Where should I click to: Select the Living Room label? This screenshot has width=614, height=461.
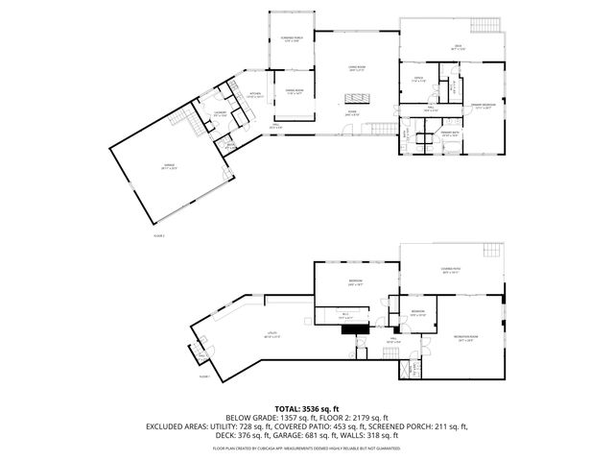tap(357, 68)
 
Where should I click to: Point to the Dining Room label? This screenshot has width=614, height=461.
tap(294, 91)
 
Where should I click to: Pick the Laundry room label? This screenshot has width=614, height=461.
tap(220, 113)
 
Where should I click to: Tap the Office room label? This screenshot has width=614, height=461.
tap(418, 80)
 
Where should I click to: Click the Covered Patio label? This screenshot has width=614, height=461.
tap(451, 270)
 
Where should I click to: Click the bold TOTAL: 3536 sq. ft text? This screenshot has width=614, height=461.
tap(306, 408)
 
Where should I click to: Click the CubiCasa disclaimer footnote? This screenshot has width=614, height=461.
tap(306, 448)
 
